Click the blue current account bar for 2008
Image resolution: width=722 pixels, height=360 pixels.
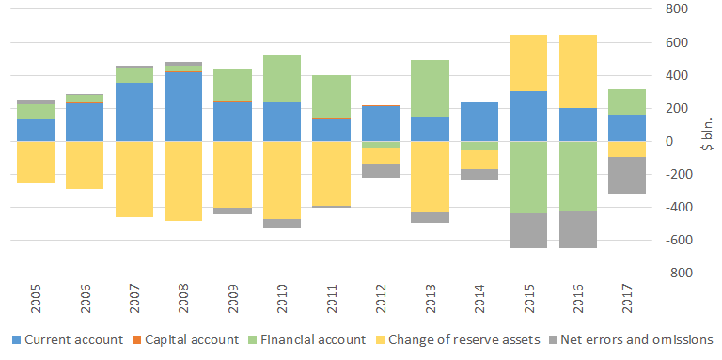(x=183, y=107)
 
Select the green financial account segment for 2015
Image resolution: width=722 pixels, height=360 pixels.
(x=528, y=178)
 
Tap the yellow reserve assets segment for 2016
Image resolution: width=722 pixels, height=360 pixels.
(x=578, y=71)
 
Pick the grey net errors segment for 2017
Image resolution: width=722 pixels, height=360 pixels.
(x=627, y=175)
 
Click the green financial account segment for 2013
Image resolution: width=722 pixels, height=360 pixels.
(x=431, y=88)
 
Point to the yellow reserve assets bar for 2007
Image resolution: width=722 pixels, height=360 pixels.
(x=134, y=180)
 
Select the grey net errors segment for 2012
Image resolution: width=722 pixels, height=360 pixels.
(x=381, y=170)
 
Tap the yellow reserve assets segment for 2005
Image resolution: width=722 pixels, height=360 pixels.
(x=36, y=162)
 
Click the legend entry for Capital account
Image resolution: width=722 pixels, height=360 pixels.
(x=187, y=340)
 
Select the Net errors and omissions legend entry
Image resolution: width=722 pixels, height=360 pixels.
(x=631, y=340)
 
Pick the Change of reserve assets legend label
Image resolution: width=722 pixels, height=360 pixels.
(x=464, y=340)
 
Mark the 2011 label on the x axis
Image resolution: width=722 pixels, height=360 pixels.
(x=332, y=298)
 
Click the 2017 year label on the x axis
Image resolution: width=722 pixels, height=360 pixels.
(x=628, y=298)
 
